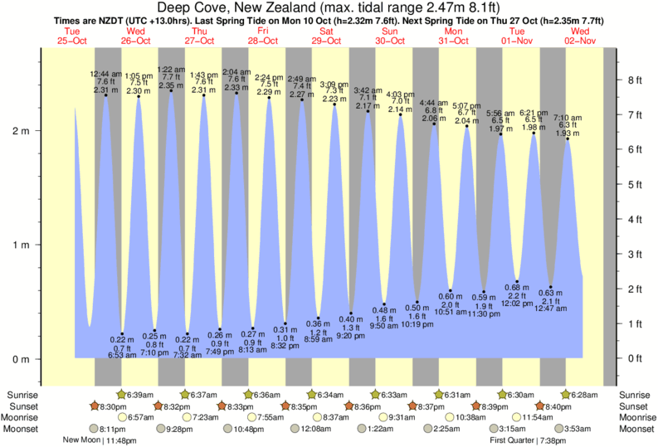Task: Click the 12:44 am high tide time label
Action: coord(106,73)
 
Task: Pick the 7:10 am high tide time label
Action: coord(568,118)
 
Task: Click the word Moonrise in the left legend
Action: coord(24,417)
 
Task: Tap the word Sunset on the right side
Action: coord(634,406)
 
